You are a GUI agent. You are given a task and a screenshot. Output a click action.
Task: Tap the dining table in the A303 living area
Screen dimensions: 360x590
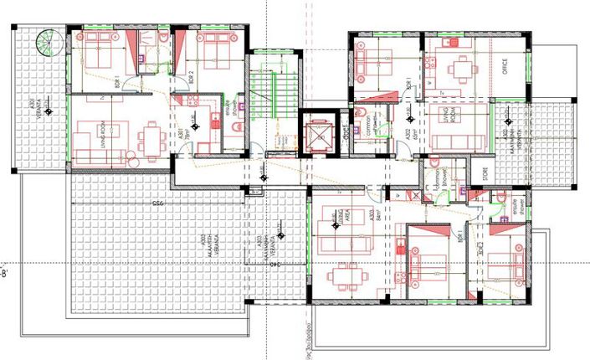point(344,275)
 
